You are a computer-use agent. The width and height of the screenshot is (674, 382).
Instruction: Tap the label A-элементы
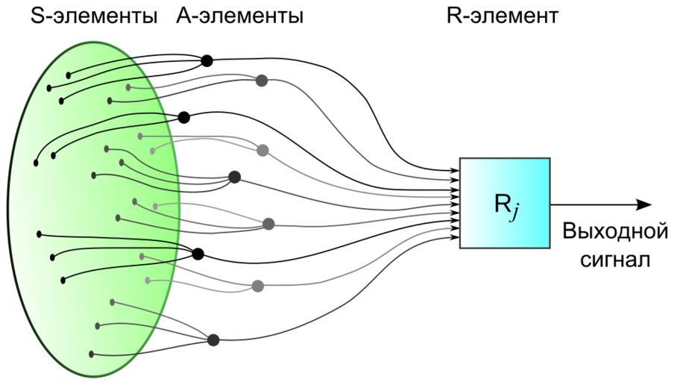pyautogui.click(x=239, y=16)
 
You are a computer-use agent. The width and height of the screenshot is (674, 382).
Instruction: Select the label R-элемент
pyautogui.click(x=502, y=16)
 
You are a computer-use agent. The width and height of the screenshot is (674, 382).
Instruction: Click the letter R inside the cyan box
pyautogui.click(x=497, y=202)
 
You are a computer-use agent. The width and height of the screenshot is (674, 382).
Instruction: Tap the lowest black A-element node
pyautogui.click(x=213, y=340)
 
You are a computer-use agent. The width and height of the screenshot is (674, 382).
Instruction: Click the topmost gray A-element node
pyautogui.click(x=261, y=81)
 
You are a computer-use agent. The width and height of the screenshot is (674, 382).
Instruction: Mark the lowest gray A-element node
pyautogui.click(x=258, y=286)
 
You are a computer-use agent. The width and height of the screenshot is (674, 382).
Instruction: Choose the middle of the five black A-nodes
pyautogui.click(x=234, y=177)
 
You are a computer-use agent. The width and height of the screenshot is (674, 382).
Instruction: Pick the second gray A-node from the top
pyautogui.click(x=262, y=150)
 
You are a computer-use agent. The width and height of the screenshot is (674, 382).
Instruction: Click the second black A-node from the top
pyautogui.click(x=183, y=117)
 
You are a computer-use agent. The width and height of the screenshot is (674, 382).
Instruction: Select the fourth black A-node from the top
pyautogui.click(x=198, y=254)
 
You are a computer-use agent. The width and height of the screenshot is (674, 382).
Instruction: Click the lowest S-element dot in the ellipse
pyautogui.click(x=92, y=354)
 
